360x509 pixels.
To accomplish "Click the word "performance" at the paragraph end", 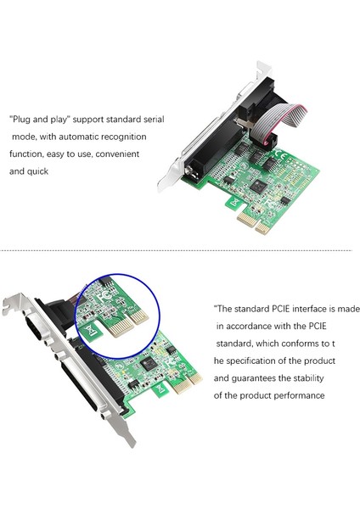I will click(x=298, y=395).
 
